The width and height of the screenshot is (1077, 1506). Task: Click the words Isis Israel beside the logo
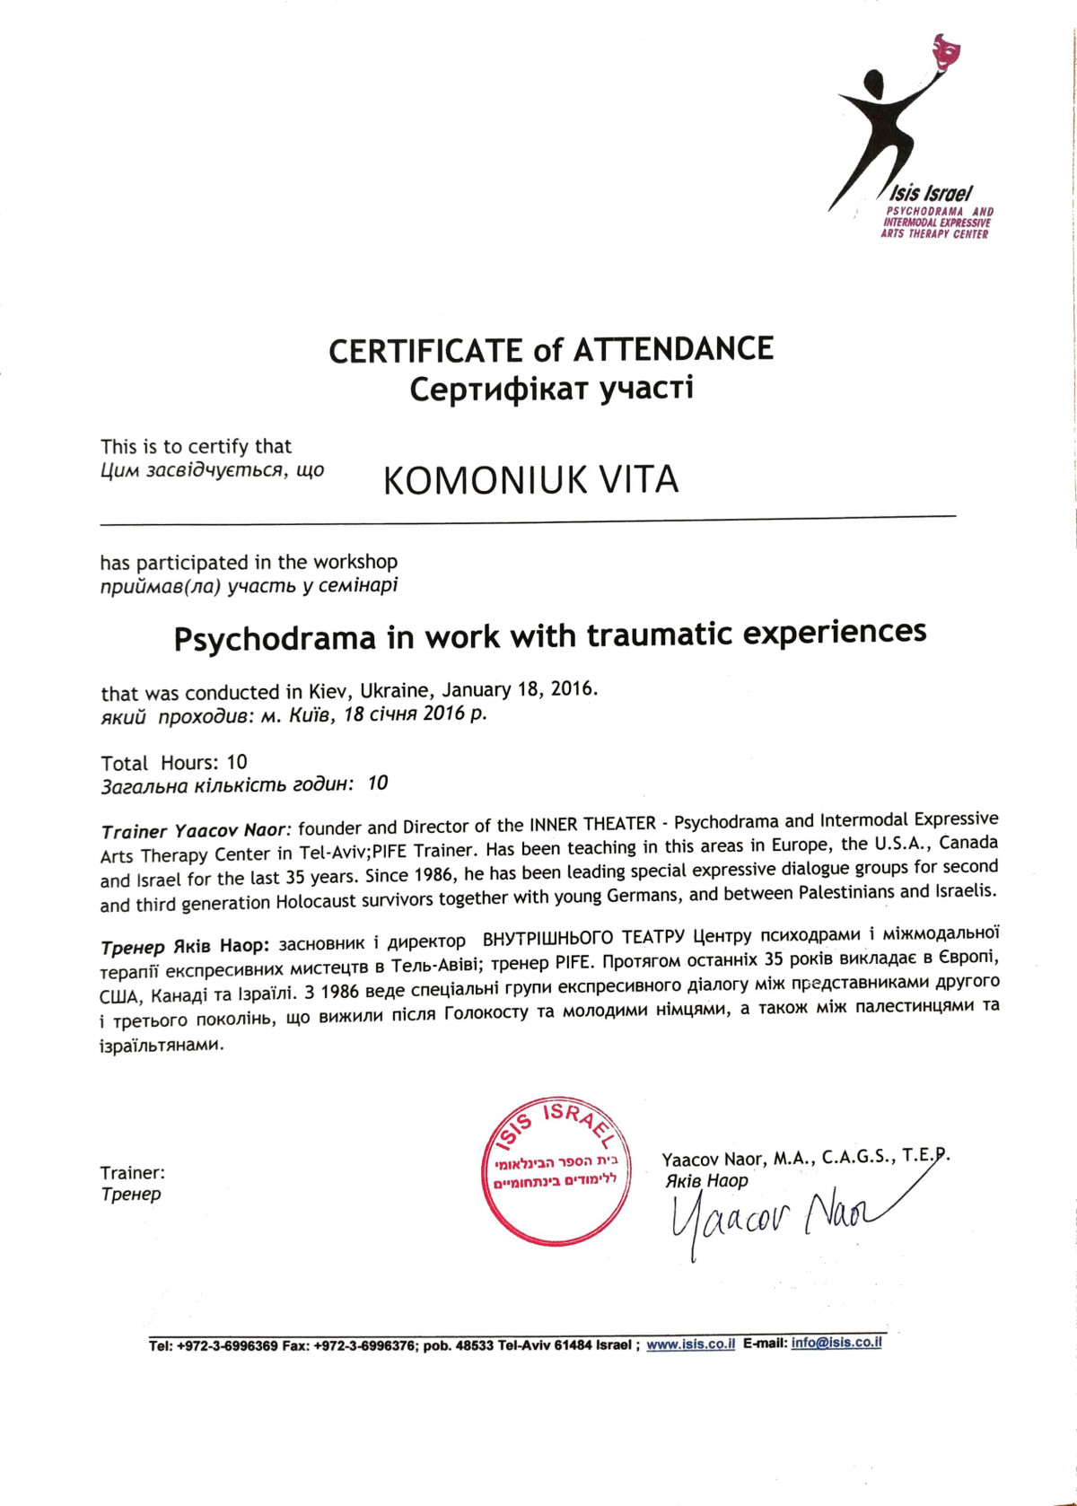[932, 193]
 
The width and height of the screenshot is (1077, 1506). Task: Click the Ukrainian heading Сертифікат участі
[551, 390]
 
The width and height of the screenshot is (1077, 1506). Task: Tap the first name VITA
[639, 479]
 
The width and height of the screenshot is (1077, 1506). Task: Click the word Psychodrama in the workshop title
[275, 638]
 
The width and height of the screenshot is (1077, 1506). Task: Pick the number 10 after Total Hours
[237, 763]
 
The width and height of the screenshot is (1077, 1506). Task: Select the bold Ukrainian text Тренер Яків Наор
[184, 946]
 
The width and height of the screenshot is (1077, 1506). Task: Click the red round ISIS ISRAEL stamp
[556, 1170]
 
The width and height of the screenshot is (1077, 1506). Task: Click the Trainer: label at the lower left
[132, 1173]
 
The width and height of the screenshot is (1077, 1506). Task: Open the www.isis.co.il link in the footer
[690, 1344]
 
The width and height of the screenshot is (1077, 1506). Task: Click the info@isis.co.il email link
[836, 1343]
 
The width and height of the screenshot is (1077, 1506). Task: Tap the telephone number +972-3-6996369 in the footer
[227, 1347]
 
